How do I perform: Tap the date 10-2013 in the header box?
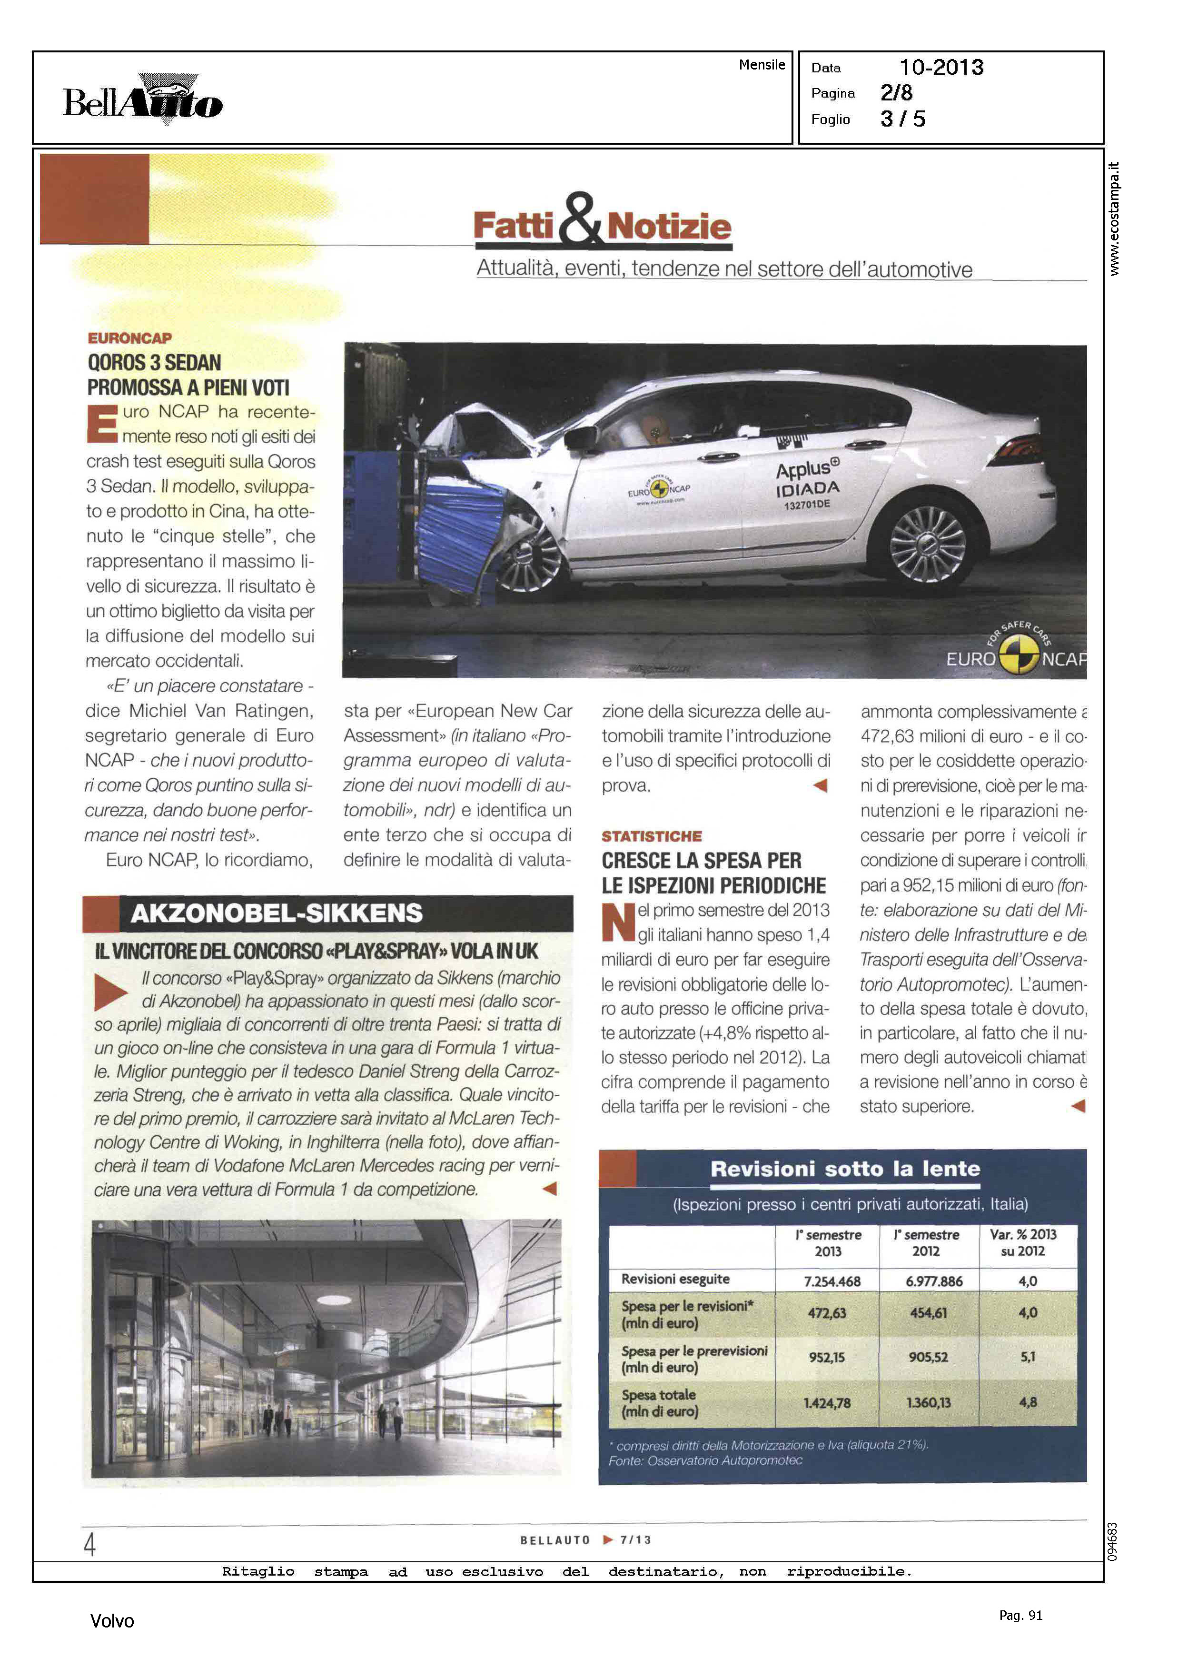[941, 68]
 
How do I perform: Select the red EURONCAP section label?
[129, 338]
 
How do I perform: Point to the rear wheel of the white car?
[928, 545]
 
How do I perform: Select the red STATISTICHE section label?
[651, 836]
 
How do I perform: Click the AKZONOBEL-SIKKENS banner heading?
[277, 913]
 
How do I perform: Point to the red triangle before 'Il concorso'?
[110, 992]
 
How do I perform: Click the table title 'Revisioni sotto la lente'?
[845, 1169]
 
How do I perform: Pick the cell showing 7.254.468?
[832, 1281]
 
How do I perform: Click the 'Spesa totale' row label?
[659, 1403]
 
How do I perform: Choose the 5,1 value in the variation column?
[1027, 1357]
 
